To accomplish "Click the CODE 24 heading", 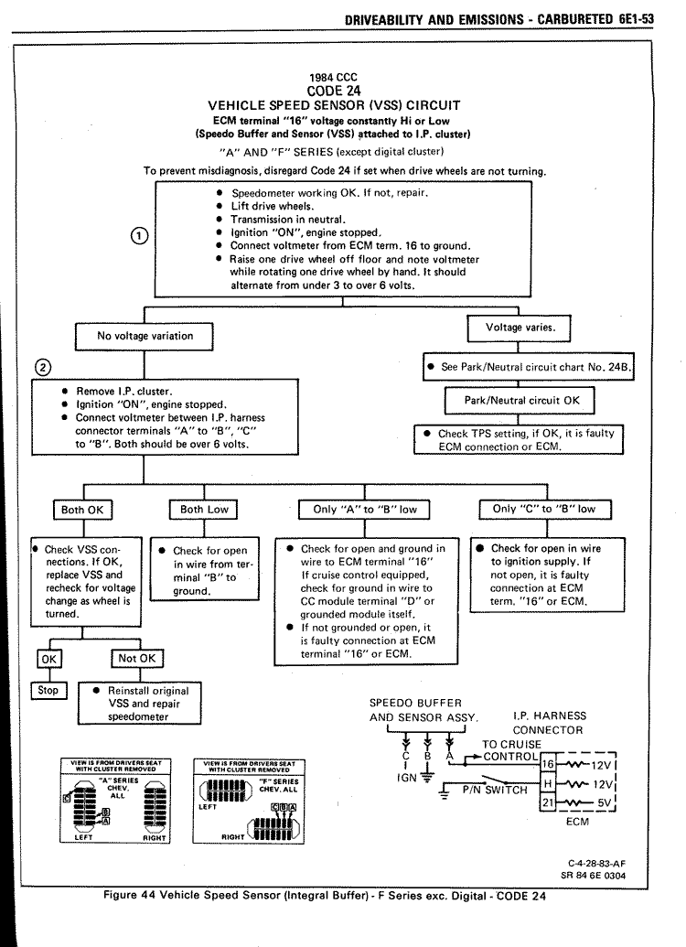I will pyautogui.click(x=335, y=91).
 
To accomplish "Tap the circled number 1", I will pyautogui.click(x=139, y=235).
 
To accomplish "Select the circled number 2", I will pyautogui.click(x=43, y=367).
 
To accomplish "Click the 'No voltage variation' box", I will pyautogui.click(x=145, y=336).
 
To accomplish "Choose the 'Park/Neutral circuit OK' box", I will pyautogui.click(x=518, y=400).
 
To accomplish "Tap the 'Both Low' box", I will pyautogui.click(x=203, y=510).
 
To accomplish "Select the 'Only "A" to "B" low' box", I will pyautogui.click(x=364, y=510).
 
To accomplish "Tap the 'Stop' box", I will pyautogui.click(x=48, y=691).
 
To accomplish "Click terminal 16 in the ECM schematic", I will pyautogui.click(x=549, y=763).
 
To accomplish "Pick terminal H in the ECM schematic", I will pyautogui.click(x=549, y=783).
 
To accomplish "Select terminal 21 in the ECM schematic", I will pyautogui.click(x=549, y=802).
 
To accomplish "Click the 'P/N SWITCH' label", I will pyautogui.click(x=494, y=790).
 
